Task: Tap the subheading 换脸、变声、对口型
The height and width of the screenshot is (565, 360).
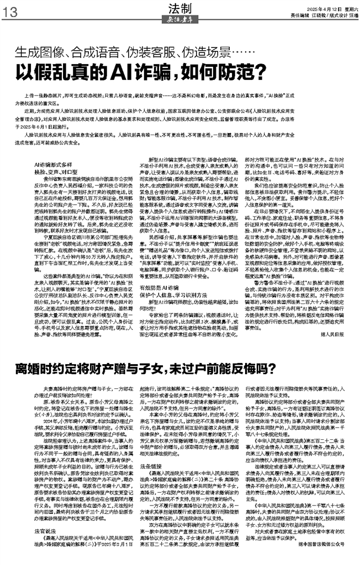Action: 55,171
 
